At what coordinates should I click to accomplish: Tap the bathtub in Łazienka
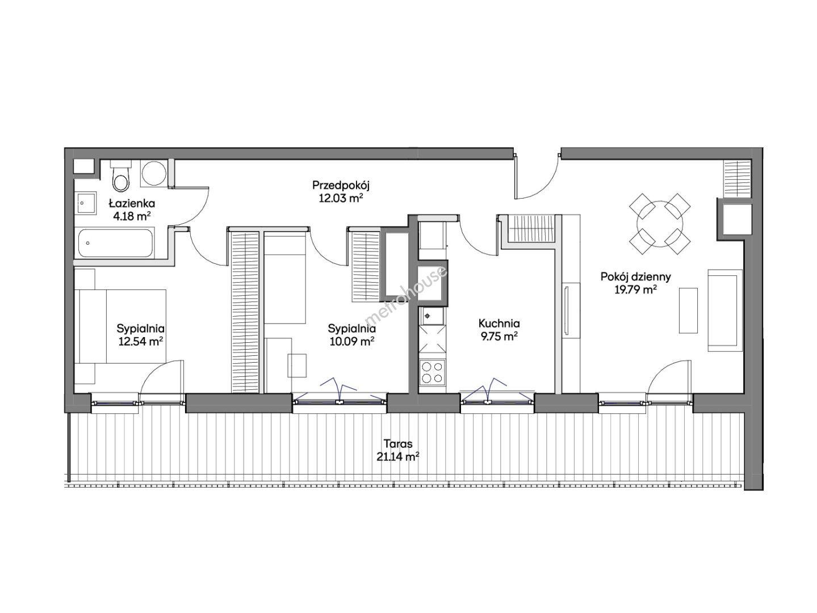pyautogui.click(x=115, y=243)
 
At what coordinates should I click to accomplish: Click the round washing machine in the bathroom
pyautogui.click(x=154, y=173)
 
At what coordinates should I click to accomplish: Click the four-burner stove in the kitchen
pyautogui.click(x=431, y=372)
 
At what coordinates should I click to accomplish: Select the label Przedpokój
pyautogui.click(x=341, y=185)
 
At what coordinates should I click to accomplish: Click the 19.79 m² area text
pyautogui.click(x=635, y=289)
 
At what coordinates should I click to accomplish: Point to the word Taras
pyautogui.click(x=398, y=444)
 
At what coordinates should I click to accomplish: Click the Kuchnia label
pyautogui.click(x=499, y=323)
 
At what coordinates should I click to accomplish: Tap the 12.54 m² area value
pyautogui.click(x=141, y=341)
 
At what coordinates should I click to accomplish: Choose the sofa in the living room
pyautogui.click(x=724, y=310)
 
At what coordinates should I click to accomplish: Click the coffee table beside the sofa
pyautogui.click(x=688, y=310)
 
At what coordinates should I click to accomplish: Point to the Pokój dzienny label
pyautogui.click(x=636, y=277)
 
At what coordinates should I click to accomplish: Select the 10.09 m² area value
pyautogui.click(x=352, y=341)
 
